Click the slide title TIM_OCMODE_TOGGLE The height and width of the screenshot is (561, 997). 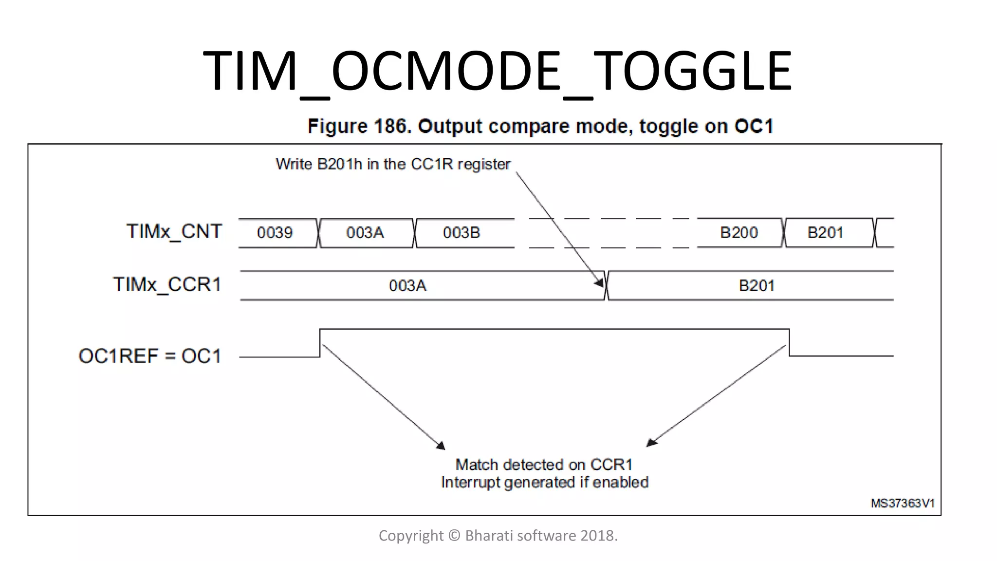tap(497, 72)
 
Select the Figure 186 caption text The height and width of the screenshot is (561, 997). tap(540, 126)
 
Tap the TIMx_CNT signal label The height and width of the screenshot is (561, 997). tap(174, 231)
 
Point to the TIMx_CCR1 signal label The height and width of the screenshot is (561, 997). tap(167, 284)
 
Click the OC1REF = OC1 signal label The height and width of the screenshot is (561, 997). tap(149, 356)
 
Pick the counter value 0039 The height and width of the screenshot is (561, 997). tap(275, 233)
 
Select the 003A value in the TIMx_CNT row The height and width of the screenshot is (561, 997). tap(365, 233)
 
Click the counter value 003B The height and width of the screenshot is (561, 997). tap(461, 233)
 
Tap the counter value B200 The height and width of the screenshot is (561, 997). tap(739, 233)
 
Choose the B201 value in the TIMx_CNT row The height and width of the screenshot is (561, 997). tap(825, 233)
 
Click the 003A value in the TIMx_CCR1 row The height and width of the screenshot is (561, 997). tap(407, 285)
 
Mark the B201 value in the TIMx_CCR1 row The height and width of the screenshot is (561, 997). tap(757, 285)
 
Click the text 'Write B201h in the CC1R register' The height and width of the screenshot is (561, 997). tap(393, 164)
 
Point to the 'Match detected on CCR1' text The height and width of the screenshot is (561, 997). tap(544, 465)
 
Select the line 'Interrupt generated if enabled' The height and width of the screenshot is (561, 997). tap(545, 483)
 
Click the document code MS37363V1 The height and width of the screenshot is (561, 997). tap(903, 504)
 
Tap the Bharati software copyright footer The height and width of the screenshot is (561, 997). tap(498, 536)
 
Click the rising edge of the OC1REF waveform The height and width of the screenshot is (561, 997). tap(320, 343)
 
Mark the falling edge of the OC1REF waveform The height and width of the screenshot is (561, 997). tap(789, 342)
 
